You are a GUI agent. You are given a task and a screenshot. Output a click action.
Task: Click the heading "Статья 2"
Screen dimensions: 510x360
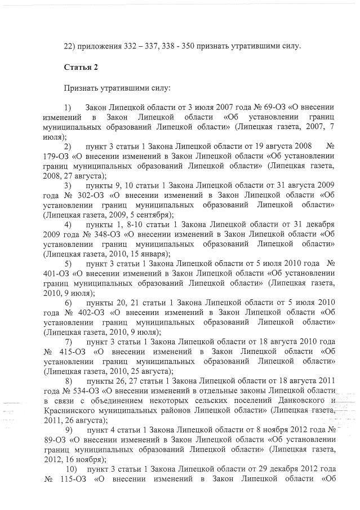(81, 67)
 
